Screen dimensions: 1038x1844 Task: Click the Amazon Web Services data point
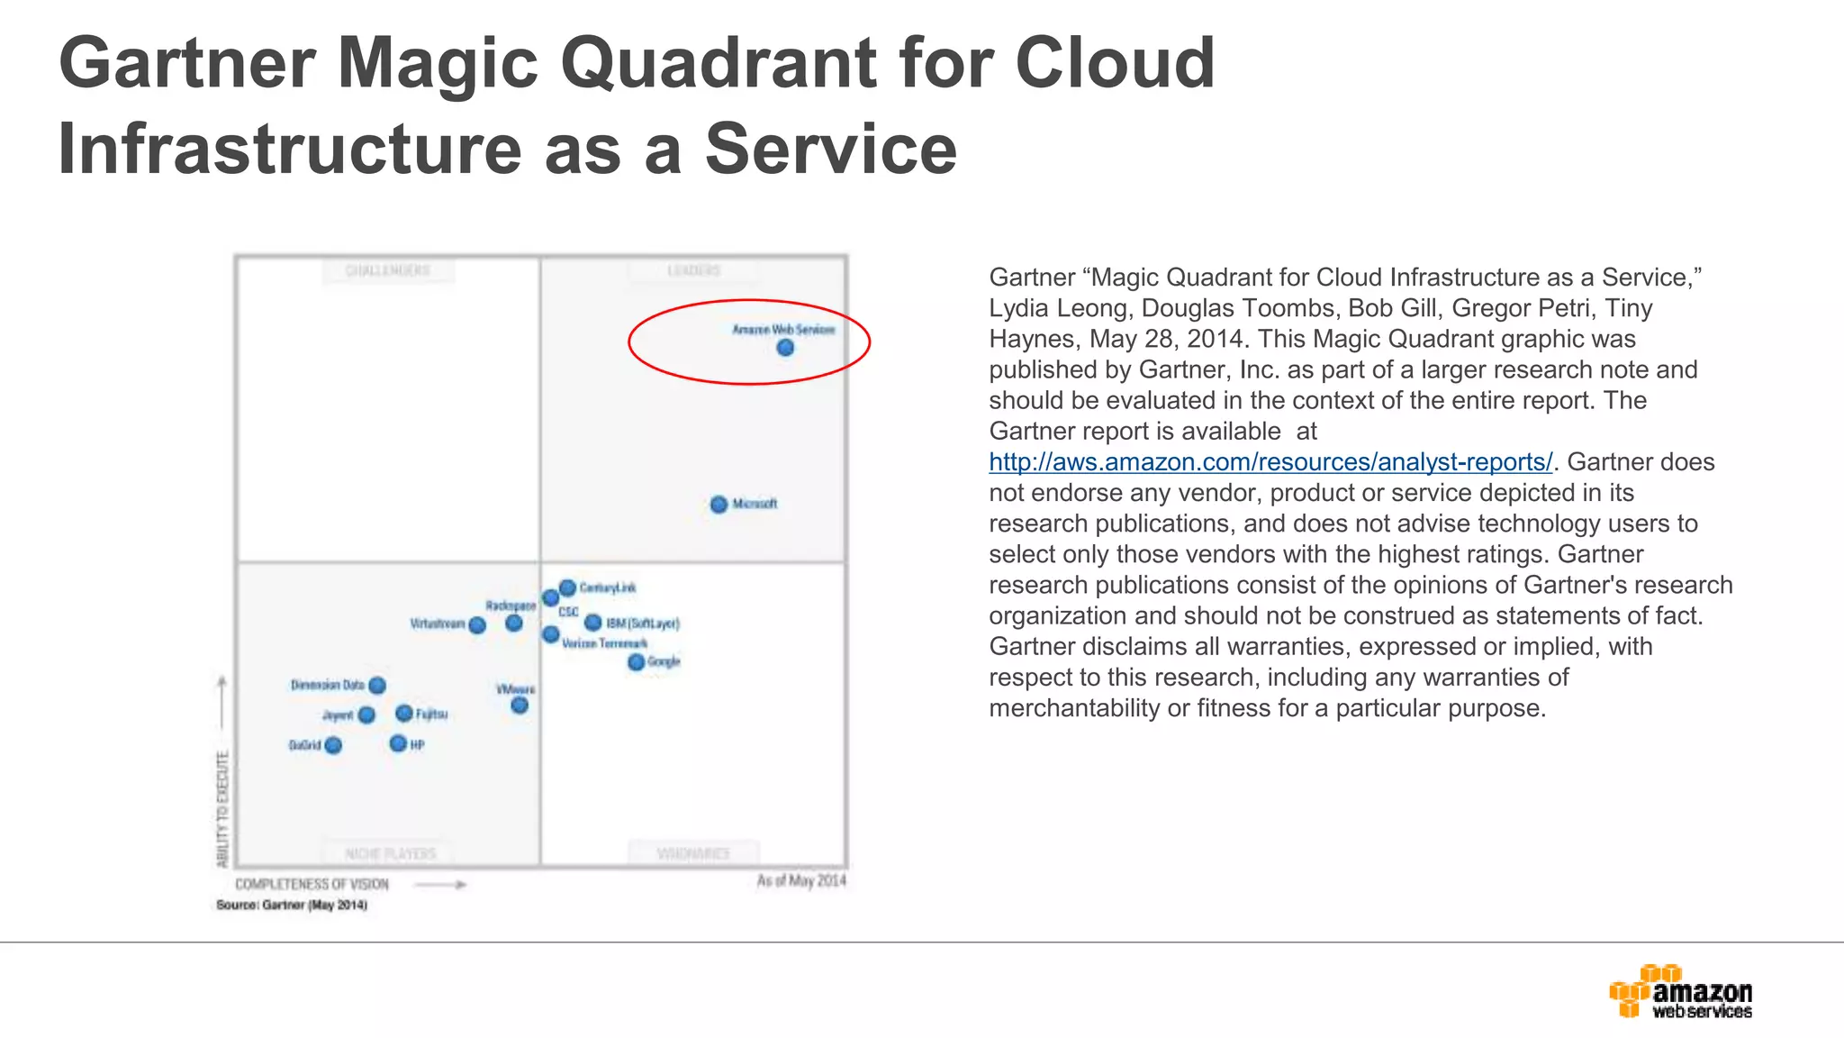[x=785, y=348]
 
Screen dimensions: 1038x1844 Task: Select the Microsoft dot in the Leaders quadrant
[x=719, y=505]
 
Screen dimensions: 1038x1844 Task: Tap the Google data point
[x=637, y=662]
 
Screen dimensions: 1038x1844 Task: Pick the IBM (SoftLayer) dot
[x=593, y=623]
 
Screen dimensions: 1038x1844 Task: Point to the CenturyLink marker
[x=567, y=587]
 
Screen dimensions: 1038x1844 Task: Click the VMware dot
[x=520, y=705]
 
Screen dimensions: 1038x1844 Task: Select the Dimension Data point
[x=377, y=686]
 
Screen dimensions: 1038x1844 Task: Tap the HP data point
[x=398, y=743]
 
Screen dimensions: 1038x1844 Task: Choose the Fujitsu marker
[x=404, y=714]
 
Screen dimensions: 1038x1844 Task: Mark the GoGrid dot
[x=333, y=745]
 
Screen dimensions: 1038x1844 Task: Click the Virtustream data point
[x=477, y=624]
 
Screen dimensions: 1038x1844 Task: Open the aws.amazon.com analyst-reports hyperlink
[x=1270, y=462]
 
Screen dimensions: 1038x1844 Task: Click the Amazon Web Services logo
[x=1680, y=992]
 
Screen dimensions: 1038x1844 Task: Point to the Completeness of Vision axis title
[x=312, y=885]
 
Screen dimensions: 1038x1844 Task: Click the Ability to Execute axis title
[x=222, y=808]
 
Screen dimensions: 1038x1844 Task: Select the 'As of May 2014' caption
[x=801, y=880]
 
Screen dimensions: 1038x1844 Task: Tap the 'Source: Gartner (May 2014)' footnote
[x=292, y=905]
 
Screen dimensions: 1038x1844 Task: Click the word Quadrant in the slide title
[x=719, y=63]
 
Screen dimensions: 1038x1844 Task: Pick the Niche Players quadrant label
[x=390, y=853]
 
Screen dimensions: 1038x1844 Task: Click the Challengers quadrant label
[x=388, y=270]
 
